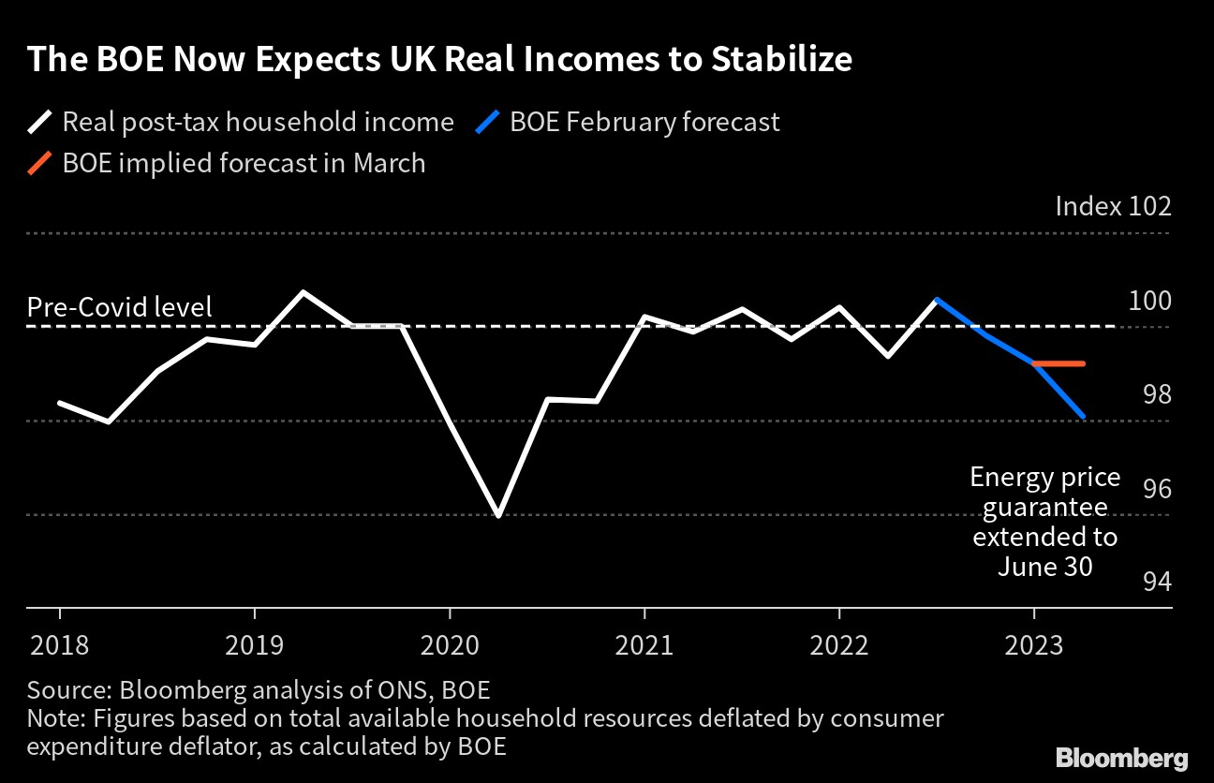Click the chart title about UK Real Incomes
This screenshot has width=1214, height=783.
439,59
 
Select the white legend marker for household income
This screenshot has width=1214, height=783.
41,122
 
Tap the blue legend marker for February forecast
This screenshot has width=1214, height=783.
489,122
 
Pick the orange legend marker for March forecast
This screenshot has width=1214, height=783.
41,163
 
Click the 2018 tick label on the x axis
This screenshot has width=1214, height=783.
59,646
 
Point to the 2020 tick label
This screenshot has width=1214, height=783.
450,646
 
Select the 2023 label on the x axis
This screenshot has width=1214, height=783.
1033,646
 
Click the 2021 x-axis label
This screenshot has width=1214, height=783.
644,646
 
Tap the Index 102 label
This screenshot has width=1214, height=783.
1113,206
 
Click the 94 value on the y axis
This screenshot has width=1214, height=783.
1157,582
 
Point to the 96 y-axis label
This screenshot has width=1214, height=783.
1157,488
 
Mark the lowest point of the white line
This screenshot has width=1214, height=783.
497,515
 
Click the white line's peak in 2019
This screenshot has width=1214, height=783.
303,292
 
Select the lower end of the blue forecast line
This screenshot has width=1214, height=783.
1084,417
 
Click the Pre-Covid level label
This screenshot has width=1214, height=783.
120,307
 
